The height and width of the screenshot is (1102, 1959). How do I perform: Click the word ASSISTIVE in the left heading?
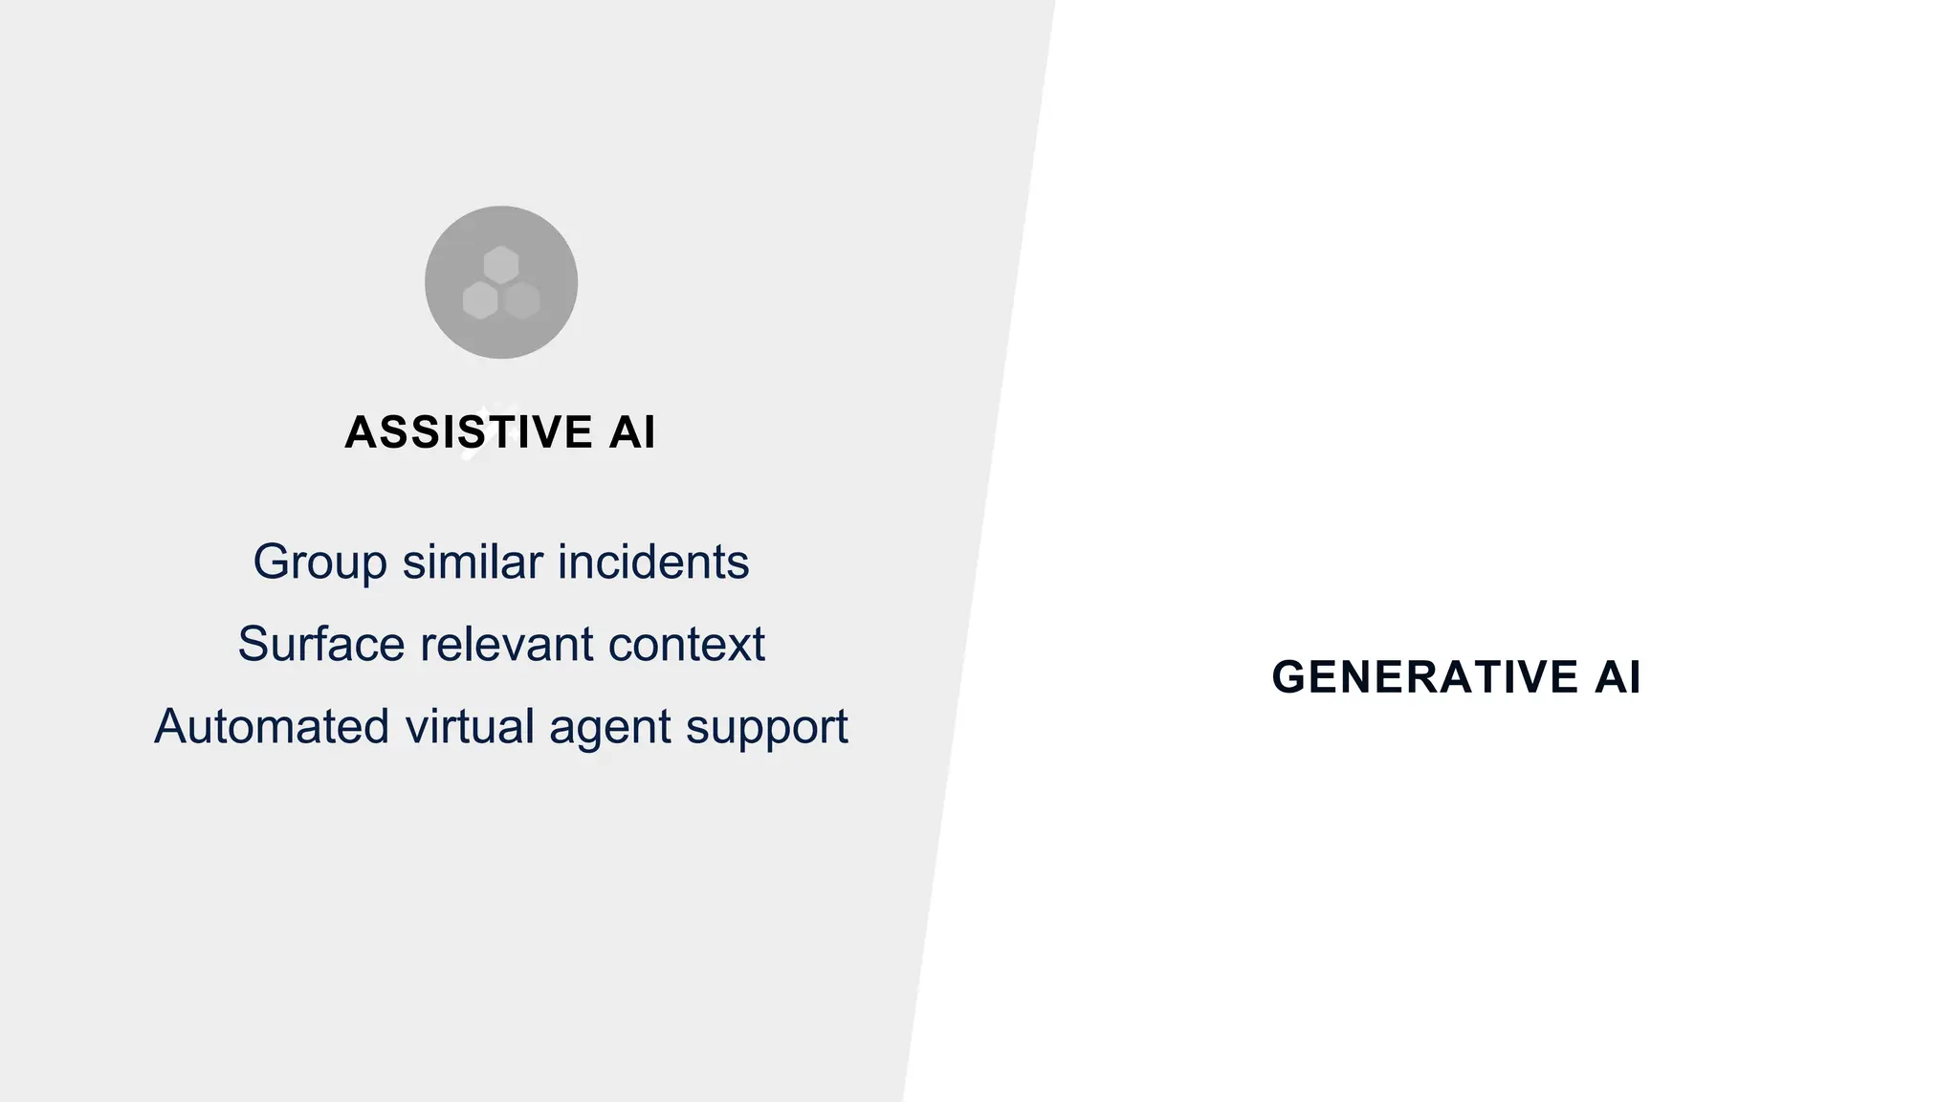point(469,432)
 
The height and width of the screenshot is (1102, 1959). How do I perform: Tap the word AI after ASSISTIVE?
point(632,432)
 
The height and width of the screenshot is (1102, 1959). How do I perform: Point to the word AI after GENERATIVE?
point(1618,677)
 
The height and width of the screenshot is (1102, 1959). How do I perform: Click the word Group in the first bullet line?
point(319,562)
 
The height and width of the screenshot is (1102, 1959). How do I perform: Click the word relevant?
point(507,644)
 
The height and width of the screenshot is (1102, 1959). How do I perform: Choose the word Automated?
point(272,726)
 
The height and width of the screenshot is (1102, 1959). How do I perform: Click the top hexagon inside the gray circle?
point(501,264)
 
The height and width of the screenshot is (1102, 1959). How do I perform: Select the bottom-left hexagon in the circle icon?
point(480,300)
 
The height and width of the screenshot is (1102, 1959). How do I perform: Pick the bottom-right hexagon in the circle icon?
point(522,300)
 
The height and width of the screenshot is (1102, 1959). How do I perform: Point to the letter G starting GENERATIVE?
point(1288,677)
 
